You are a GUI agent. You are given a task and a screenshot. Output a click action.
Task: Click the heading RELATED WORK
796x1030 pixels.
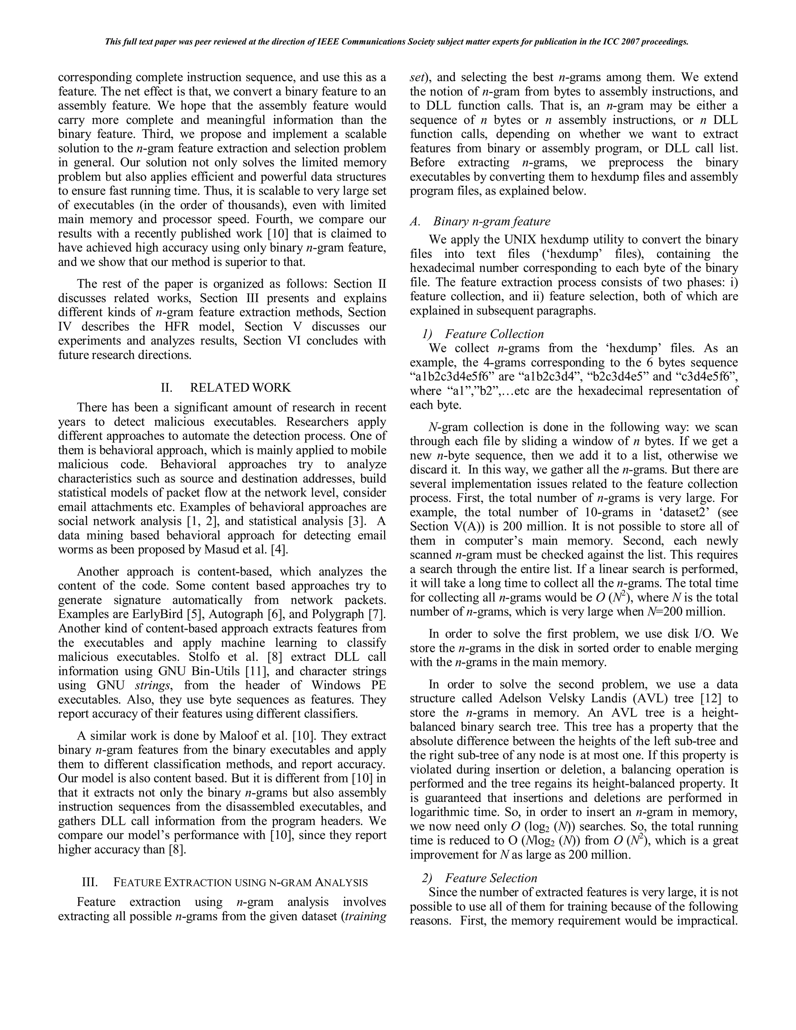(241, 388)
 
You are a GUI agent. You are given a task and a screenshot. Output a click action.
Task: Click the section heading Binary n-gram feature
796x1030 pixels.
(491, 221)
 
